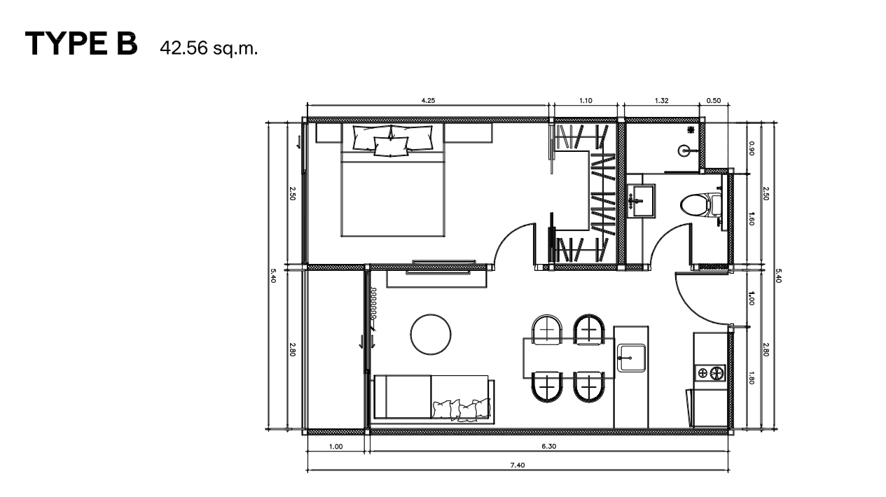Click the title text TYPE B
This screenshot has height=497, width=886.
(82, 44)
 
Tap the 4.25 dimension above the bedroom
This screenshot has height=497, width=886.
(428, 101)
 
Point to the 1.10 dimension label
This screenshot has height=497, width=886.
(586, 101)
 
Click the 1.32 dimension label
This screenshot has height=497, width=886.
(660, 101)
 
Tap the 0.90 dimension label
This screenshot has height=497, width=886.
(751, 148)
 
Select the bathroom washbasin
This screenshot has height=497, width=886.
(640, 202)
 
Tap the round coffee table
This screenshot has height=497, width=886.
(429, 335)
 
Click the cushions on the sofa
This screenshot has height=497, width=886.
(461, 409)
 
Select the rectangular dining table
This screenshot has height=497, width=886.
(568, 358)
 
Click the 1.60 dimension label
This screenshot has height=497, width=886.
(751, 218)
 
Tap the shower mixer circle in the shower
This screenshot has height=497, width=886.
(684, 150)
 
